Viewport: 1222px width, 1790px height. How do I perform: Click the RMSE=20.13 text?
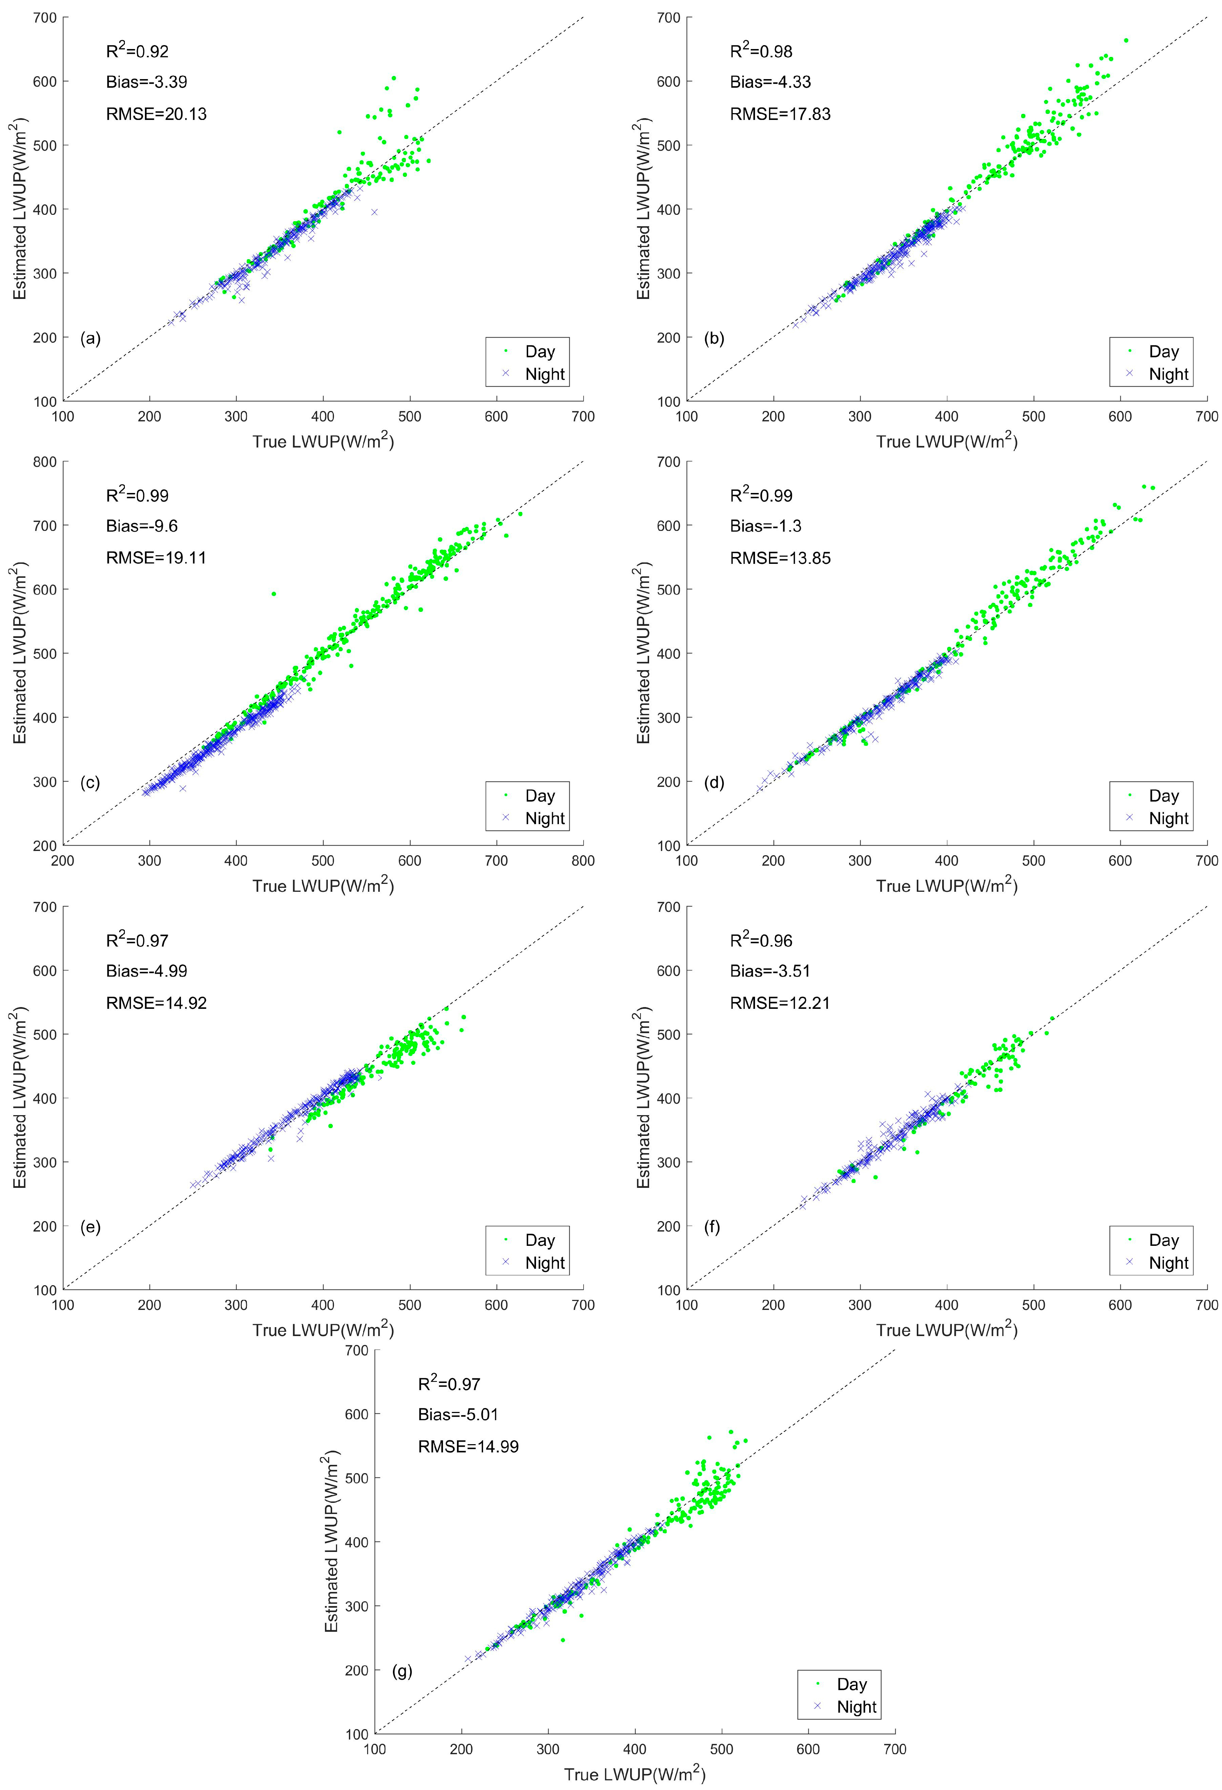tap(156, 114)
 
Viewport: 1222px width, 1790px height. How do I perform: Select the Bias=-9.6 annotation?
tap(142, 526)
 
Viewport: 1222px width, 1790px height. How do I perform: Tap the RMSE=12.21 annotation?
tap(780, 1003)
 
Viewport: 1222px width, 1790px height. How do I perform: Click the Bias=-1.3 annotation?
tap(765, 526)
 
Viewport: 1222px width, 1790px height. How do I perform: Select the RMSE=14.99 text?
tap(468, 1446)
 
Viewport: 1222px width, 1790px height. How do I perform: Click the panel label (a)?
tap(90, 338)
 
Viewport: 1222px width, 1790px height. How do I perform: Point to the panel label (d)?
tap(714, 783)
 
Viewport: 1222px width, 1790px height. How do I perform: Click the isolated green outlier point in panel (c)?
tap(273, 594)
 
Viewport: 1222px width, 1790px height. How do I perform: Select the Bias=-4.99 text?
tap(146, 971)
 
